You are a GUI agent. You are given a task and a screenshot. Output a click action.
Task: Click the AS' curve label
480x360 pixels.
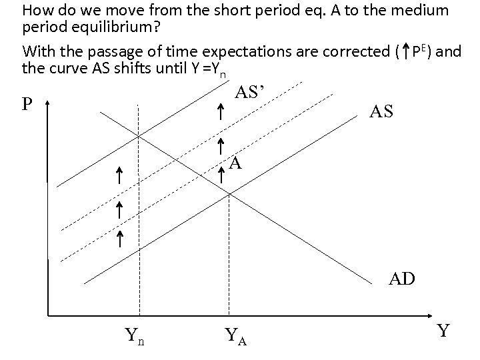(x=253, y=93)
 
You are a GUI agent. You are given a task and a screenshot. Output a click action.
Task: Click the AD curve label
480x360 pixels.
(x=403, y=278)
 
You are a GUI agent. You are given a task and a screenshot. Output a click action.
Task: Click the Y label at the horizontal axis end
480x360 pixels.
(x=443, y=330)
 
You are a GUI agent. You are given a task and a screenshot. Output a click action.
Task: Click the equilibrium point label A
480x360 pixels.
(x=235, y=163)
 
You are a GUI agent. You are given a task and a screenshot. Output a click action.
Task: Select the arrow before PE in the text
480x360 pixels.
(x=405, y=51)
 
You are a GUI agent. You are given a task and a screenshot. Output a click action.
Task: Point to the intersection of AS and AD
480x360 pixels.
(x=229, y=193)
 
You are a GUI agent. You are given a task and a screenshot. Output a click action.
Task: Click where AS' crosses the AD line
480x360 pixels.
(x=139, y=136)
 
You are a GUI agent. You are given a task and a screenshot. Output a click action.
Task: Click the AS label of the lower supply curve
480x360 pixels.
(x=380, y=112)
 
